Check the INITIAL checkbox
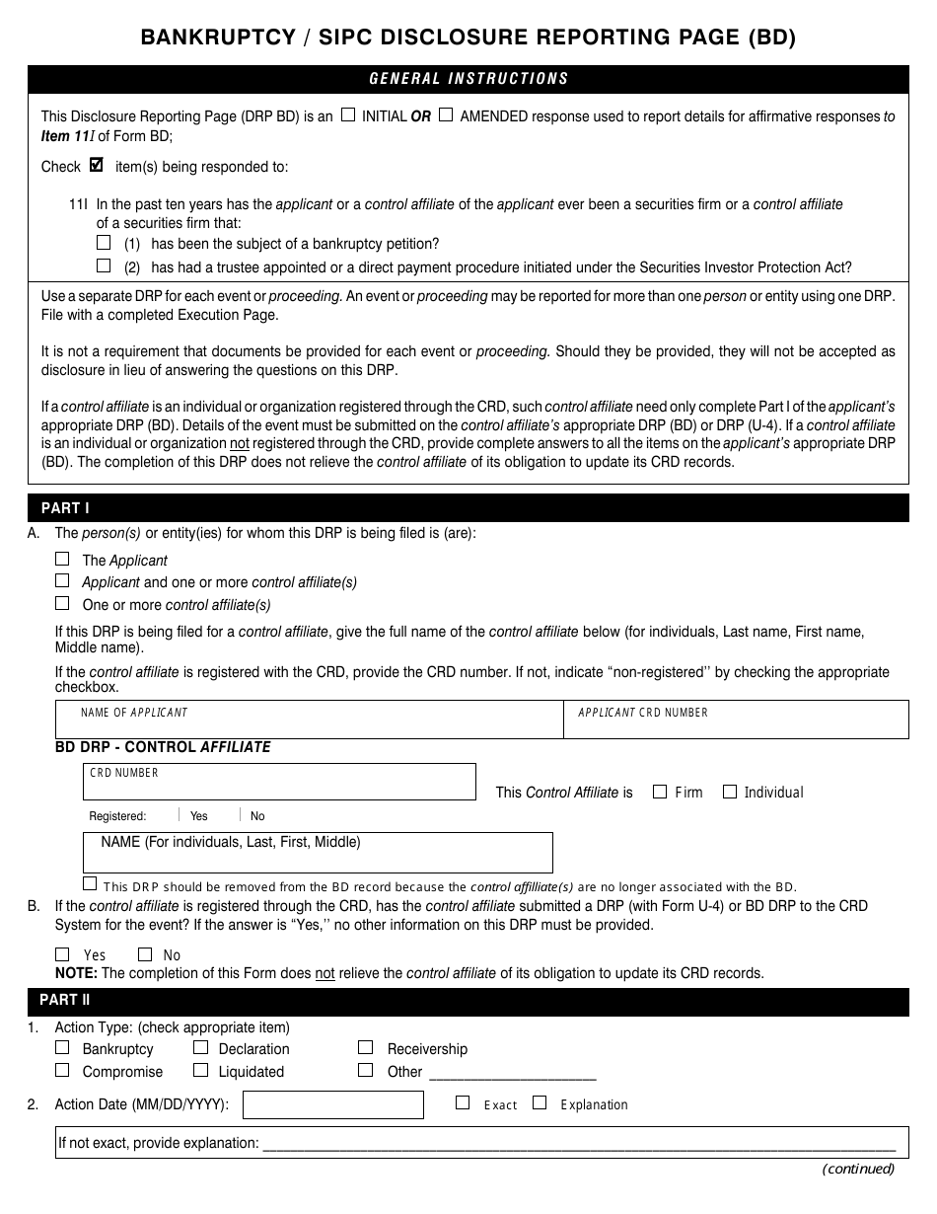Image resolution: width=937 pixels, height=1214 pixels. click(x=348, y=114)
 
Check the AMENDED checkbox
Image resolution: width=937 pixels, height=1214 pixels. click(x=446, y=114)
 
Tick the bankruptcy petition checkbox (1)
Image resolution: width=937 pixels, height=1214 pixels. click(x=104, y=242)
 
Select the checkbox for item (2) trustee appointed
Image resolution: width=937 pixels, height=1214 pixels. click(x=104, y=266)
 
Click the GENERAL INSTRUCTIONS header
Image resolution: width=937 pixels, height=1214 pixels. click(x=468, y=79)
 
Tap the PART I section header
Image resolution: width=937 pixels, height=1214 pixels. click(x=65, y=507)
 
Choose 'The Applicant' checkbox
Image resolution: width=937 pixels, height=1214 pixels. click(x=63, y=559)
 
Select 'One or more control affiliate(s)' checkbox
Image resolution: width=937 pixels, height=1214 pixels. click(x=63, y=603)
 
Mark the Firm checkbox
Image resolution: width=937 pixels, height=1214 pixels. click(x=660, y=792)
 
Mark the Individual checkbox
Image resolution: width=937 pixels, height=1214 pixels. click(x=730, y=792)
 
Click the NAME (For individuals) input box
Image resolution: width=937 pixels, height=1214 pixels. click(x=318, y=853)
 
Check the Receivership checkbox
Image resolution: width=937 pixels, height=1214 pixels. click(x=366, y=1047)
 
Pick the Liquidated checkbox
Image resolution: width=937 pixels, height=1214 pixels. click(x=201, y=1070)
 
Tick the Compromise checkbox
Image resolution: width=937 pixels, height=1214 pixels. click(x=63, y=1070)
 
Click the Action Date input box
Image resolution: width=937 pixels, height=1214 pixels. click(x=332, y=1104)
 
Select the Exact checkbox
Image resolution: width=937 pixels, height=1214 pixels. click(x=463, y=1103)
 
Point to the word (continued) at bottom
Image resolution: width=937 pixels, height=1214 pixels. click(x=858, y=1170)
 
